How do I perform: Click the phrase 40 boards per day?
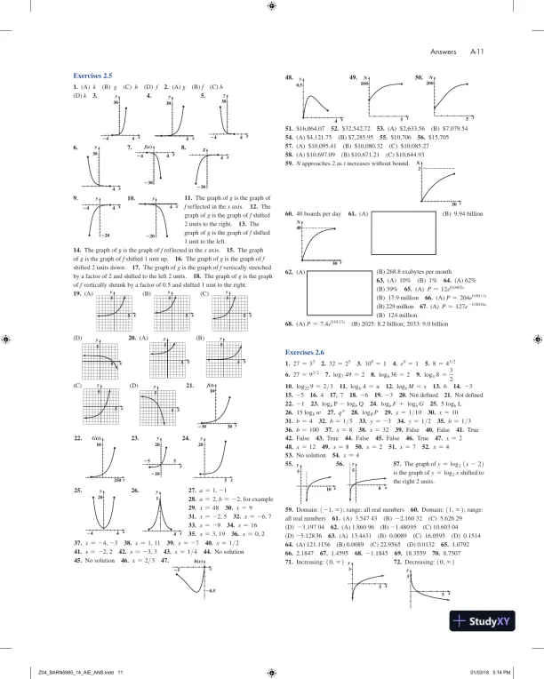click(x=317, y=213)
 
